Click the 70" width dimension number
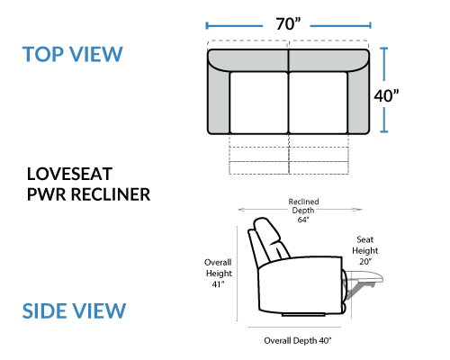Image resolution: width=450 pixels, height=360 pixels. pos(288,24)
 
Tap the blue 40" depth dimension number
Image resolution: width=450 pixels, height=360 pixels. pos(386,96)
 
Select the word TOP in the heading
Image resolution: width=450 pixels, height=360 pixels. pos(42,54)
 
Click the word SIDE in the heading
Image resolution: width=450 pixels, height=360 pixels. pos(44,310)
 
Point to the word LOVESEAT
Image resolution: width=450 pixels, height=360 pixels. pos(69,174)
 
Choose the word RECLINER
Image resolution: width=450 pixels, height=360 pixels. pos(111,194)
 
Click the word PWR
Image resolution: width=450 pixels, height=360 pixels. pos(46,194)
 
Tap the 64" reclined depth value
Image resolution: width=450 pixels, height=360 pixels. pos(303,220)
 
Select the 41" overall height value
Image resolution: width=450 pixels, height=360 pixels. pos(218,284)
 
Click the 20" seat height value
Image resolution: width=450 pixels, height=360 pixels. pos(365,262)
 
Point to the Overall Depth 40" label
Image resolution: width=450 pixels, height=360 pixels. pos(298,340)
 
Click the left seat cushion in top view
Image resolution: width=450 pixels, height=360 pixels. pos(259,103)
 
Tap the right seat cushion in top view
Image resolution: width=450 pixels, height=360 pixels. pos(318,103)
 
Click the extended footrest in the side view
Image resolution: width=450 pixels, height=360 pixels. pos(364,276)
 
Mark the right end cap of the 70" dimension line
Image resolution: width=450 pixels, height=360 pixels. pos(371,25)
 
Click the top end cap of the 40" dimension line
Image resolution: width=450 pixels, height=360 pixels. pos(384,48)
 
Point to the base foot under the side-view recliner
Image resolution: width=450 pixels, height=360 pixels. pos(303,315)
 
